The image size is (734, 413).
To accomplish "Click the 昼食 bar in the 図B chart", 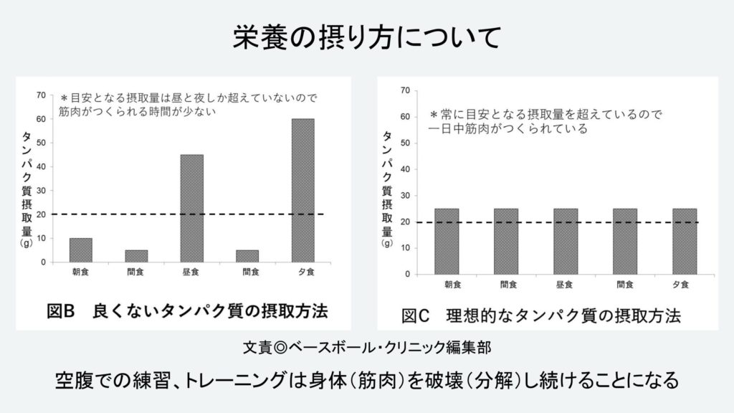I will click(x=191, y=208).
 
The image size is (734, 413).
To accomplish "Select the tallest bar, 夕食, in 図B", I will click(x=302, y=190).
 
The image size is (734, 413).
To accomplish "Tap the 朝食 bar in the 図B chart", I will click(x=81, y=250).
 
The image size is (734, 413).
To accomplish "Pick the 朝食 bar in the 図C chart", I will click(x=447, y=241).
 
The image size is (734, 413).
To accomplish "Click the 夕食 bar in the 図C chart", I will click(x=684, y=241).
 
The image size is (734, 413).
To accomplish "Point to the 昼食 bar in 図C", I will click(x=565, y=241).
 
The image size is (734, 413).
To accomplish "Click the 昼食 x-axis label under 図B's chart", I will click(x=191, y=273).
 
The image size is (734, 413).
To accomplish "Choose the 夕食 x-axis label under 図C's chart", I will click(x=683, y=285).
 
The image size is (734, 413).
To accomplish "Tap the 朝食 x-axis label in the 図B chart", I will click(x=81, y=273).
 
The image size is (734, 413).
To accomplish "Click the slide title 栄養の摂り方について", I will click(x=366, y=38).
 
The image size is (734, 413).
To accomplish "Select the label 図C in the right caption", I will click(x=415, y=316).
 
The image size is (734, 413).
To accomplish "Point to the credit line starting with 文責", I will click(x=366, y=348).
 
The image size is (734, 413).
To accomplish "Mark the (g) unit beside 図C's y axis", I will click(x=387, y=243).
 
